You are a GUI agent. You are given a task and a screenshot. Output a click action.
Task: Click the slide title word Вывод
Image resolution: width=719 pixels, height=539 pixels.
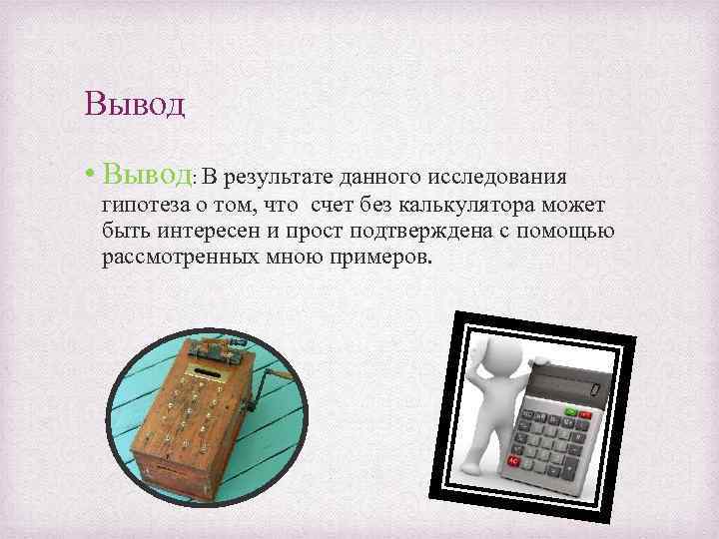click(x=136, y=104)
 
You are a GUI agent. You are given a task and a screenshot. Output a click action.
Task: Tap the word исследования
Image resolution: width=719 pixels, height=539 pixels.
click(x=496, y=178)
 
